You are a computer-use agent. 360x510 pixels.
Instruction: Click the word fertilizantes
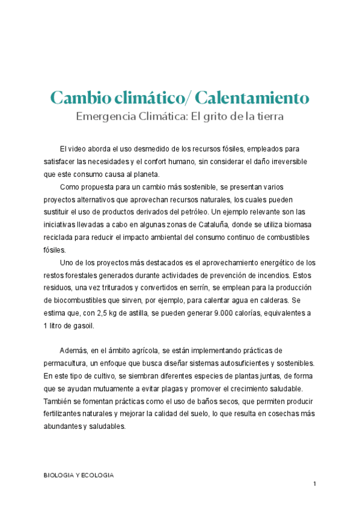tap(68, 414)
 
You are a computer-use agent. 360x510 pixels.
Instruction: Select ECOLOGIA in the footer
tap(97, 475)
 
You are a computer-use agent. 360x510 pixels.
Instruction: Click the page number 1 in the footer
tap(314, 484)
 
